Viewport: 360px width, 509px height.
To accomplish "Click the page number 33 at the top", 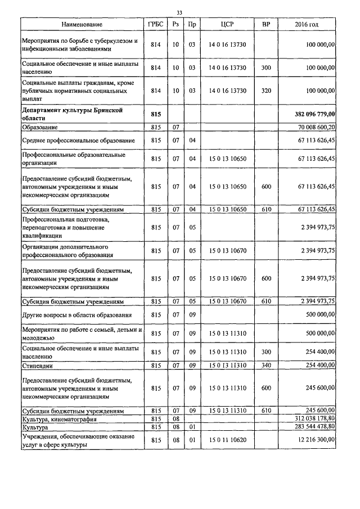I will pos(179,12).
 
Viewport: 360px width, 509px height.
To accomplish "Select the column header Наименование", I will pos(82,25).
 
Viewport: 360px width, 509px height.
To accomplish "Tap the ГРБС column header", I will pos(156,25).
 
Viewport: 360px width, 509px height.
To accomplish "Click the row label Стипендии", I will pos(38,366).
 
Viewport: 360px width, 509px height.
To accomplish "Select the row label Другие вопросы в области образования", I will pos(77,315).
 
